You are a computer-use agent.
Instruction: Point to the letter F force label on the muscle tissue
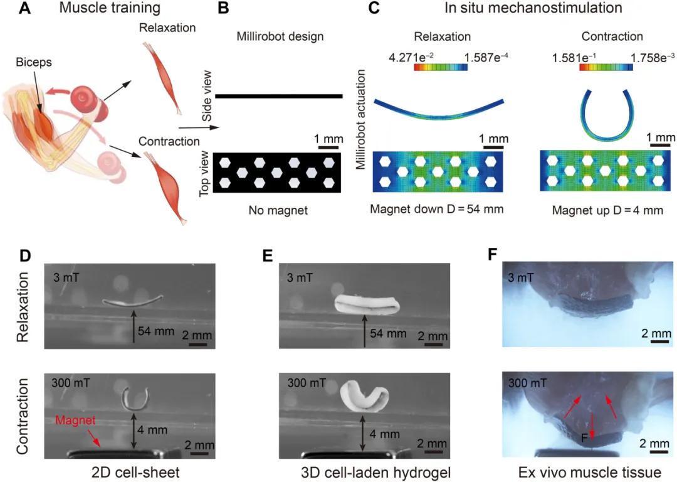click(x=584, y=438)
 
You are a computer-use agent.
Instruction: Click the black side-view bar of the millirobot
click(x=278, y=96)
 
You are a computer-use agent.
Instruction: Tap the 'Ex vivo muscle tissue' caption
click(x=589, y=471)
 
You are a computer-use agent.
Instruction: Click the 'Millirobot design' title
click(x=280, y=36)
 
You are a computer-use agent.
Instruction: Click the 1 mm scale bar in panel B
click(x=328, y=147)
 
